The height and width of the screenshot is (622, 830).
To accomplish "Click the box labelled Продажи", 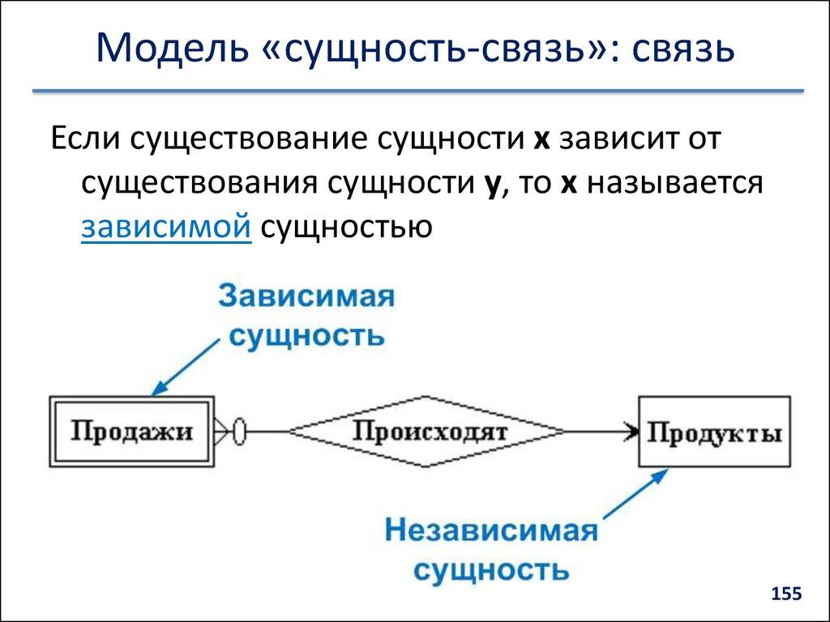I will pyautogui.click(x=131, y=432).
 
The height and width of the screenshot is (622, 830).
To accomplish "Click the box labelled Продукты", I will pyautogui.click(x=714, y=432).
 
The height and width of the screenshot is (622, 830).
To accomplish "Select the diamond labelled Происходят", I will pyautogui.click(x=429, y=431).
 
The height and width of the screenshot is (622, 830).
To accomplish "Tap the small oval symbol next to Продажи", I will pyautogui.click(x=239, y=431).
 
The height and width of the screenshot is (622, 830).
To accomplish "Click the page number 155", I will pyautogui.click(x=785, y=594).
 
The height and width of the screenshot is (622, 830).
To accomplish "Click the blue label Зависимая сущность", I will pyautogui.click(x=306, y=315).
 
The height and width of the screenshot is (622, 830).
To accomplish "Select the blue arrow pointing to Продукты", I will pyautogui.click(x=627, y=501).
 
